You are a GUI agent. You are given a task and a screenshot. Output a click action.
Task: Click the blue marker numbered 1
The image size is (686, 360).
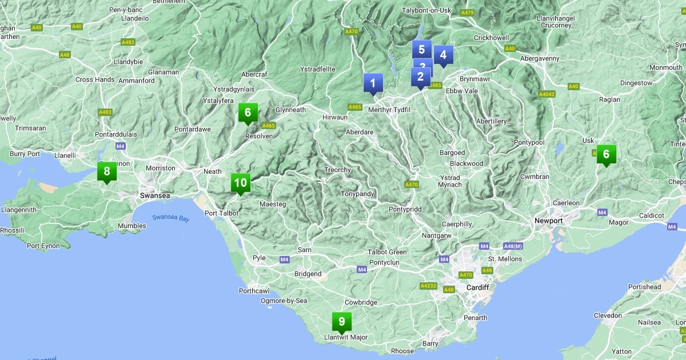tap(373, 83)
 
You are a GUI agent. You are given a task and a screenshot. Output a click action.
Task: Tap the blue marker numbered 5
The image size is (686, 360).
tap(421, 49)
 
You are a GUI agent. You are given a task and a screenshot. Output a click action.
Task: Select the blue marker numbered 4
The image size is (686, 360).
tap(443, 55)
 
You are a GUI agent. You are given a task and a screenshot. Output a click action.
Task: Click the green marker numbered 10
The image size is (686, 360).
tap(241, 183)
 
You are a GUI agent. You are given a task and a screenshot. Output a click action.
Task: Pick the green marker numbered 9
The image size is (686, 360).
tap(341, 322)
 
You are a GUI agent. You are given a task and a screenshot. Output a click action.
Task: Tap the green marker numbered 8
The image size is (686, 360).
tap(106, 171)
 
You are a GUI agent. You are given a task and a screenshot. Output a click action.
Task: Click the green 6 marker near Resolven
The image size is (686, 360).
tap(248, 113)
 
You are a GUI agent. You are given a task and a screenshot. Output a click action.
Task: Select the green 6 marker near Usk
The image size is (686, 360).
tap(606, 154)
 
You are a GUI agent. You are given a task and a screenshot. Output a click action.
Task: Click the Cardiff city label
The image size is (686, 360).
tap(477, 287)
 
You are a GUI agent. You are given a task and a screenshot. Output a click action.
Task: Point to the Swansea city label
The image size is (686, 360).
tap(155, 195)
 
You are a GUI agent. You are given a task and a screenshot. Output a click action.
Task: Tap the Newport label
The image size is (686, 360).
tap(548, 221)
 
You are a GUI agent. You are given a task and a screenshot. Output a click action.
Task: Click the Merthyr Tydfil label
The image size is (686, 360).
tap(390, 110)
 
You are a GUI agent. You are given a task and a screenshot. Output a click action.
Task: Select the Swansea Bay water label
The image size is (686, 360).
tap(170, 218)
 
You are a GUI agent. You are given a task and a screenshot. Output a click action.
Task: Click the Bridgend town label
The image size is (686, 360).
tap(308, 274)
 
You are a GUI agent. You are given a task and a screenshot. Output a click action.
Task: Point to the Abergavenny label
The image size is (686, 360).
tap(540, 58)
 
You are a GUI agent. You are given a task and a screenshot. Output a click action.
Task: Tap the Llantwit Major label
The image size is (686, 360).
tap(346, 337)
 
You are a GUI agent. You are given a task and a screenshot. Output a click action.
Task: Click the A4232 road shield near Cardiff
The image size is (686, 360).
tap(428, 286)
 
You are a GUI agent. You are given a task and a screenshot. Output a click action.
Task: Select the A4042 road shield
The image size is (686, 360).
tap(547, 94)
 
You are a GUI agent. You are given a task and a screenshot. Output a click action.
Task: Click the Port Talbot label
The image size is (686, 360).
tap(221, 213)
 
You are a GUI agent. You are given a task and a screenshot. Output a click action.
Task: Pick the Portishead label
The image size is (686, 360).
tap(644, 287)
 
